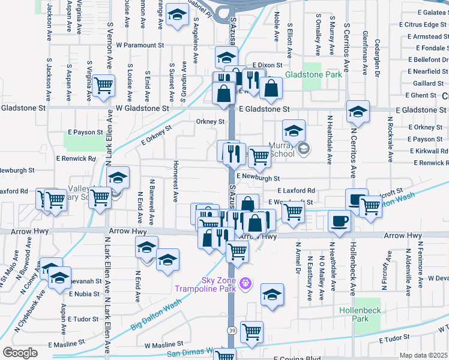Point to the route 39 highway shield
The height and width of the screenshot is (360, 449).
[232, 331]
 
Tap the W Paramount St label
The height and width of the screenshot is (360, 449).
[140, 45]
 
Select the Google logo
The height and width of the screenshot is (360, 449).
[20, 352]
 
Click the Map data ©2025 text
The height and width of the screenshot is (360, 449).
[423, 355]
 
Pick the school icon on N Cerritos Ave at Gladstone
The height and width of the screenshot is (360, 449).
[358, 110]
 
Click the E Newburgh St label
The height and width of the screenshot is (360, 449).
[258, 178]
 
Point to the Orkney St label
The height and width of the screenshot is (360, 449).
[210, 121]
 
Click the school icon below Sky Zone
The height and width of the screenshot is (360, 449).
[273, 294]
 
